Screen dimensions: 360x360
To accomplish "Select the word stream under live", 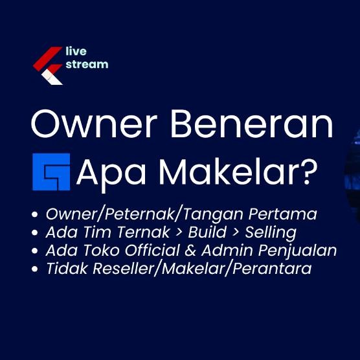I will pos(87,64).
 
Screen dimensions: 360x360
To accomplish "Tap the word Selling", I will pos(268,232).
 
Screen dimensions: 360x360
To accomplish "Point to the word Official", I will pos(150,251).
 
